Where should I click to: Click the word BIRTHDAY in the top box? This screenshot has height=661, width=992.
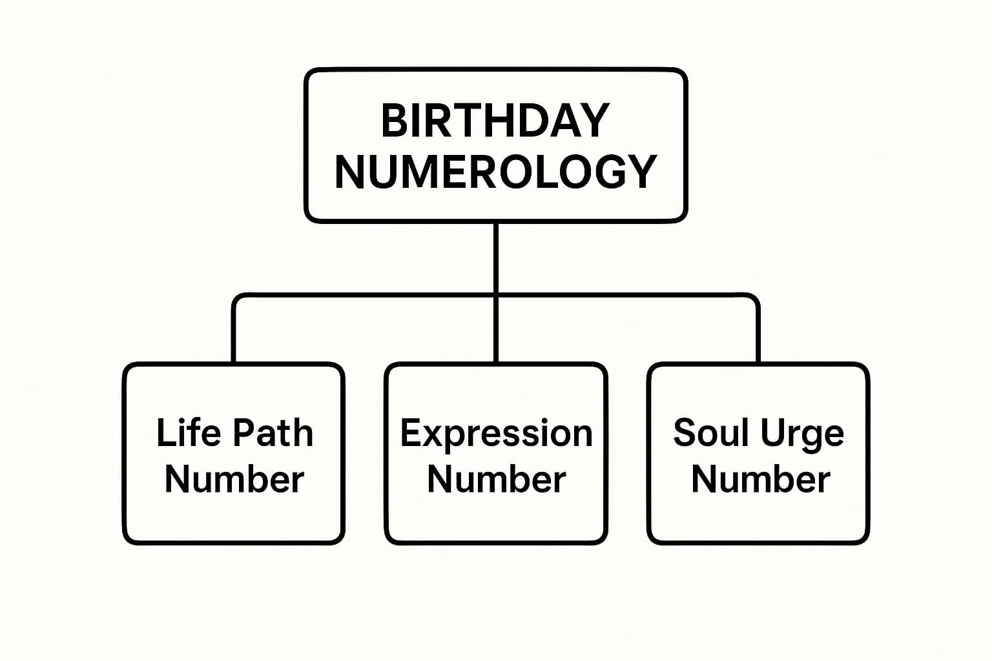(495, 121)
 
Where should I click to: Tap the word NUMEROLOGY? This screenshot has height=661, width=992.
(495, 172)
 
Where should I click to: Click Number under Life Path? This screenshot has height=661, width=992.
(234, 480)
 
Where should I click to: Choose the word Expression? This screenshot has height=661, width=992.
(497, 434)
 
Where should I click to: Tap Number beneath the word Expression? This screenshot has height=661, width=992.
(497, 480)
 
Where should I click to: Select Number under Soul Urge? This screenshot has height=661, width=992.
(761, 480)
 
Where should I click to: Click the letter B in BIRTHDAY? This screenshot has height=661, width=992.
(394, 121)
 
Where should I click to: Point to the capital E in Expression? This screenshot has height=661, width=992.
(411, 432)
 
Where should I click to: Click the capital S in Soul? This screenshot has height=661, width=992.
(685, 432)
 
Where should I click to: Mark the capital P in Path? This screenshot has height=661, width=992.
(243, 432)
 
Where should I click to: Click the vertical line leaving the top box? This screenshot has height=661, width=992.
(496, 258)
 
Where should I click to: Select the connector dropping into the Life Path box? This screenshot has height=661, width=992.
(233, 329)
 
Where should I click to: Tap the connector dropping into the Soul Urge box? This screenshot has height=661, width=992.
(758, 329)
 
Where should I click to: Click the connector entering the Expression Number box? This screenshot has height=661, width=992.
(496, 329)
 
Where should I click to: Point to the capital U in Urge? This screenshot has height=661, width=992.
(772, 432)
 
